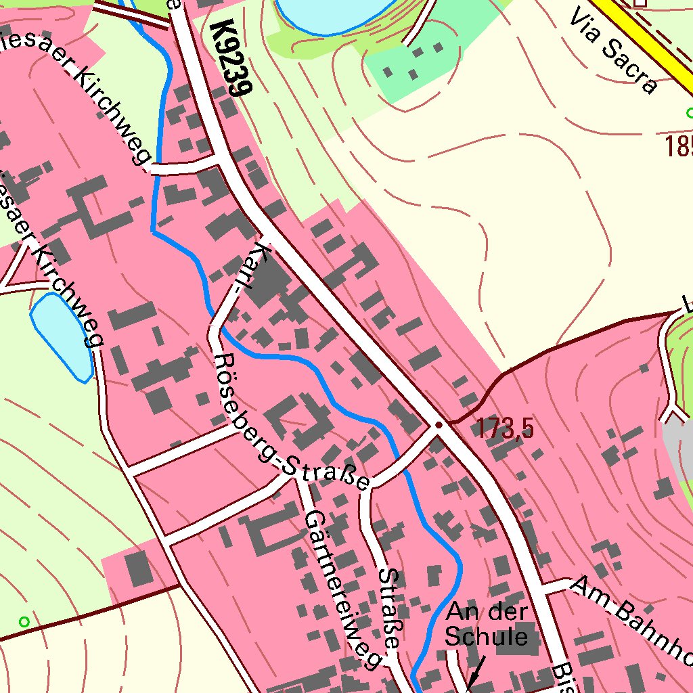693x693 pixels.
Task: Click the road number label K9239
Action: point(231,58)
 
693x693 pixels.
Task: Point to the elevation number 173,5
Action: point(505,428)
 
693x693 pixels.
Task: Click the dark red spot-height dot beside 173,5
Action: point(439,425)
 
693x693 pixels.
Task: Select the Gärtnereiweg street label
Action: point(341,589)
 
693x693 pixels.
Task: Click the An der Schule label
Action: point(487,624)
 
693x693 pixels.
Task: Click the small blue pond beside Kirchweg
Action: point(61,336)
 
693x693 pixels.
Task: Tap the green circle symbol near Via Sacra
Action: point(690,112)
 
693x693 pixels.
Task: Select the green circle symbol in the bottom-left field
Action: point(24,621)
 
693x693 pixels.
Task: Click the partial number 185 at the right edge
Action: point(678,146)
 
